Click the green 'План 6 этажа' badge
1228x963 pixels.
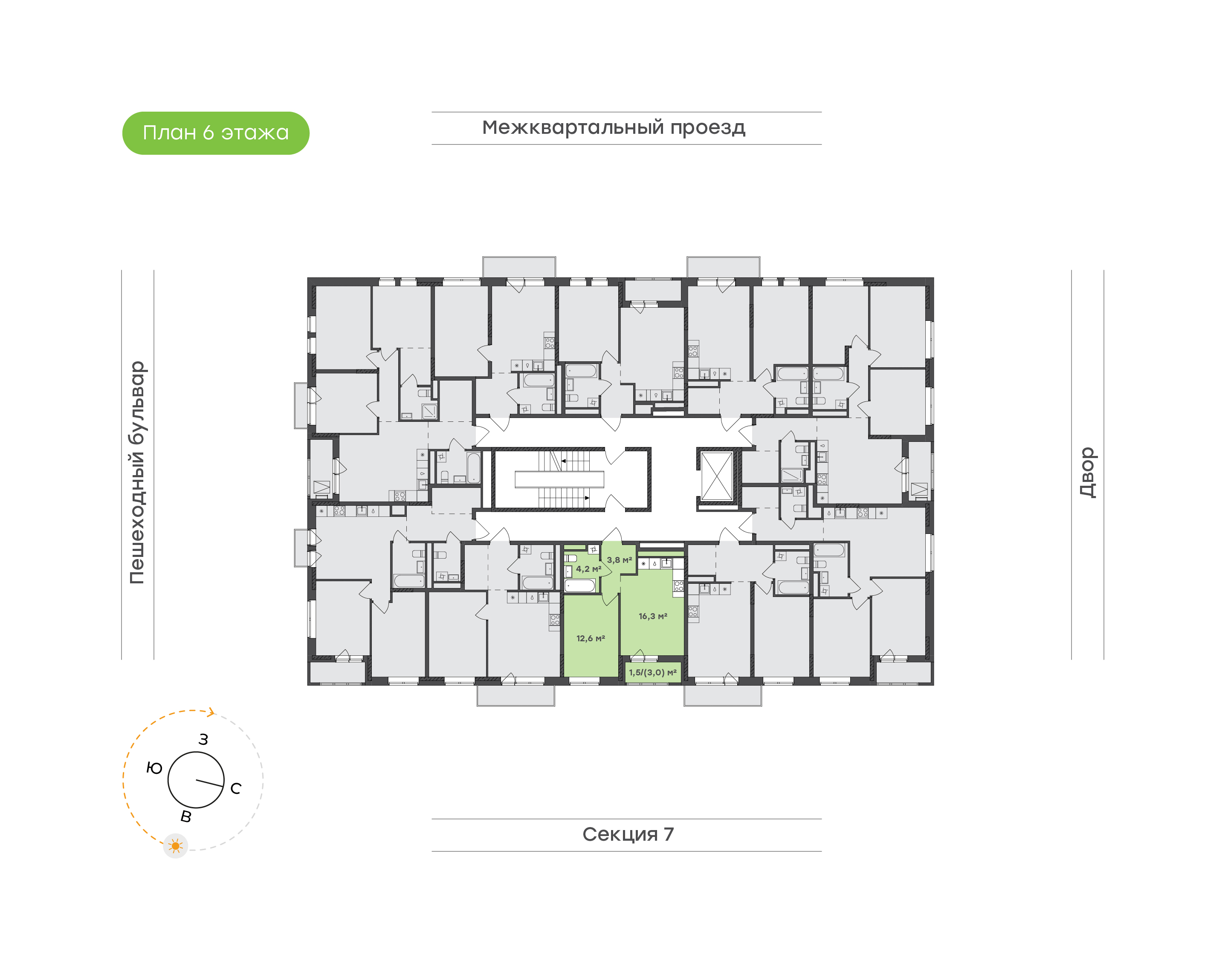tap(215, 133)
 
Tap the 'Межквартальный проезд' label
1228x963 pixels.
tap(613, 128)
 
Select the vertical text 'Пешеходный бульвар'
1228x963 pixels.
tap(137, 473)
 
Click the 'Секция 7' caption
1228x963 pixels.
tap(628, 834)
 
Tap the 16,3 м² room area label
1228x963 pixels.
tap(653, 616)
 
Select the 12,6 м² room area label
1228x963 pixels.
tap(590, 638)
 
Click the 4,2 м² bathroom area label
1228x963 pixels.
tap(588, 569)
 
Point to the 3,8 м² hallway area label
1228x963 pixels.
tap(619, 560)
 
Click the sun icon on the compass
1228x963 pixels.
tap(175, 846)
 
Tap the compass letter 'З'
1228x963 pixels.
tap(203, 739)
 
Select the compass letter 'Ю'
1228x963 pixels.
tap(154, 768)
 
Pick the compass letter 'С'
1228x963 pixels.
tap(236, 788)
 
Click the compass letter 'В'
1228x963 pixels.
tap(185, 816)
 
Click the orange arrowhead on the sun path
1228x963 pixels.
tap(211, 713)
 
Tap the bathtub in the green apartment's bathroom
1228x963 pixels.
tap(580, 585)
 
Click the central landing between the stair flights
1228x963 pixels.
tap(559, 479)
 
